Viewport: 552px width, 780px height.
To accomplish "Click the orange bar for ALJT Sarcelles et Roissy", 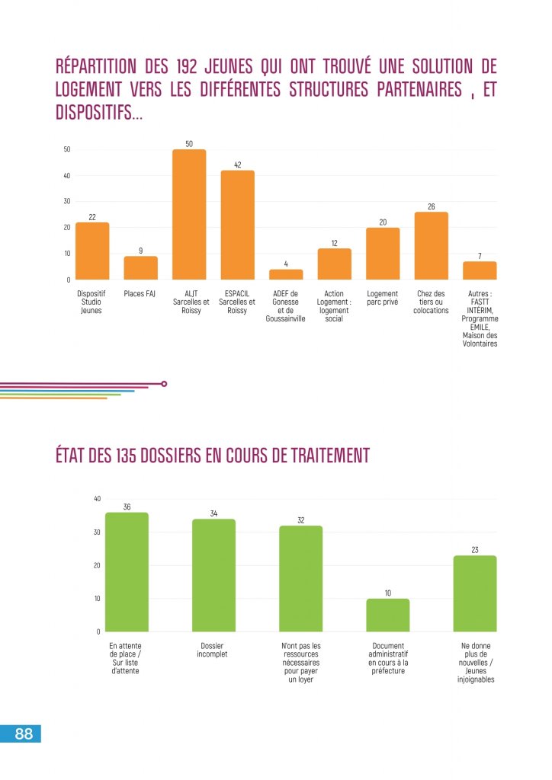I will point(189,215).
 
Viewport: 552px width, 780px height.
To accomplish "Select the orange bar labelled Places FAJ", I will point(140,268).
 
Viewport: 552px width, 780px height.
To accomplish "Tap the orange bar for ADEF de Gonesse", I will point(286,274).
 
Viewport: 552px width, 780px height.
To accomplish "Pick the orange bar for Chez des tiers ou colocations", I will point(432,246).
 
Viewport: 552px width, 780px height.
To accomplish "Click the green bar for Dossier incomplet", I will point(213,575).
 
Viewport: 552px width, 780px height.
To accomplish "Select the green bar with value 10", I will point(387,615).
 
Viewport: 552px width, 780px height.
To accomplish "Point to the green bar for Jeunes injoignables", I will point(475,593).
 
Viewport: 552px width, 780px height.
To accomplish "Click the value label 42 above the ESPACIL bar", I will point(237,165).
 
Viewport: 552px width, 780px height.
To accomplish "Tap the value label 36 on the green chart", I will point(127,507).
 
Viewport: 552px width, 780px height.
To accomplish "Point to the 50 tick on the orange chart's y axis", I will point(67,149).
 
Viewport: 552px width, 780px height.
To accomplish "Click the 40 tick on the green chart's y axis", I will point(97,499).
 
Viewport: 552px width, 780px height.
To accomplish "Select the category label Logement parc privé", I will point(382,298).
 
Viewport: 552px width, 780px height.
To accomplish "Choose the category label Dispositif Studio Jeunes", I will point(91,302).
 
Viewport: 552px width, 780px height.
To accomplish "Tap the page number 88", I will point(23,734).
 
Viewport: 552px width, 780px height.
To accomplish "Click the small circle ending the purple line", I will point(164,384).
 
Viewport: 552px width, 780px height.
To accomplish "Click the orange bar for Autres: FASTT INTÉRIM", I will point(480,270).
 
